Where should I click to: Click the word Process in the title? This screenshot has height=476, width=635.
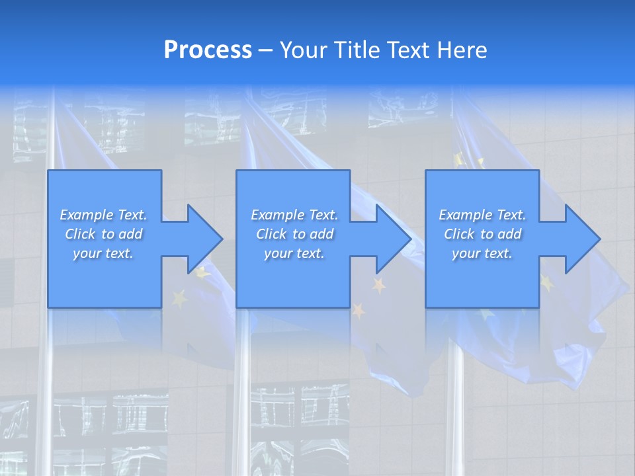tap(208, 50)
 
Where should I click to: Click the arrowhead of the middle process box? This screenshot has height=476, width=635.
tap(393, 239)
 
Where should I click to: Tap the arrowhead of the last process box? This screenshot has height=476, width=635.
tap(582, 239)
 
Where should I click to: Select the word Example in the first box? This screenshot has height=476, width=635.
tap(86, 215)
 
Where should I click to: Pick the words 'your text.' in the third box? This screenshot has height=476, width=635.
tap(482, 253)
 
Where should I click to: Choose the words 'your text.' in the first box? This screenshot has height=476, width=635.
tap(103, 253)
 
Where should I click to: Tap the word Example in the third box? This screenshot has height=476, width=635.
tap(465, 215)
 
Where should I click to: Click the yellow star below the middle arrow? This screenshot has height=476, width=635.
tap(379, 286)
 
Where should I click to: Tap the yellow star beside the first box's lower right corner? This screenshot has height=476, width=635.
tap(179, 298)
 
